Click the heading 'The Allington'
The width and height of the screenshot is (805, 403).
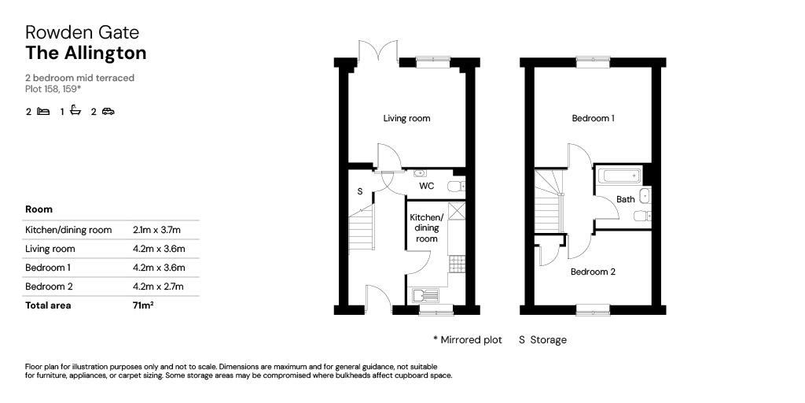pos(86,53)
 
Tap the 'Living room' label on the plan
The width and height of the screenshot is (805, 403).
pos(406,119)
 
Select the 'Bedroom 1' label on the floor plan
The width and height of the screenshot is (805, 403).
pos(593,119)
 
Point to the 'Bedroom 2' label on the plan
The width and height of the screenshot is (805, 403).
pos(593,272)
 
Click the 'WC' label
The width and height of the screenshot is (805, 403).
pos(426,187)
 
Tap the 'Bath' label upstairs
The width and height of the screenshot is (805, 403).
pos(625,199)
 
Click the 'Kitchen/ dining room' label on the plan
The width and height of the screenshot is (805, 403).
pos(426,227)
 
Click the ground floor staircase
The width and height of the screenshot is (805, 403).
pos(362,228)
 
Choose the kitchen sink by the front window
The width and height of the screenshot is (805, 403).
pos(425,295)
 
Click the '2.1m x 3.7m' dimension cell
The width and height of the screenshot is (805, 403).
pos(157,230)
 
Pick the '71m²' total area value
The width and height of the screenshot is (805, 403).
pos(143,305)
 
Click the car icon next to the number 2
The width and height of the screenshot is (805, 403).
pos(108,111)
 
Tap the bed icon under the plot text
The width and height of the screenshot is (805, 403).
pos(43,111)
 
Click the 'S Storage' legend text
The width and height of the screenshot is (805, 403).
pos(542,340)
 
